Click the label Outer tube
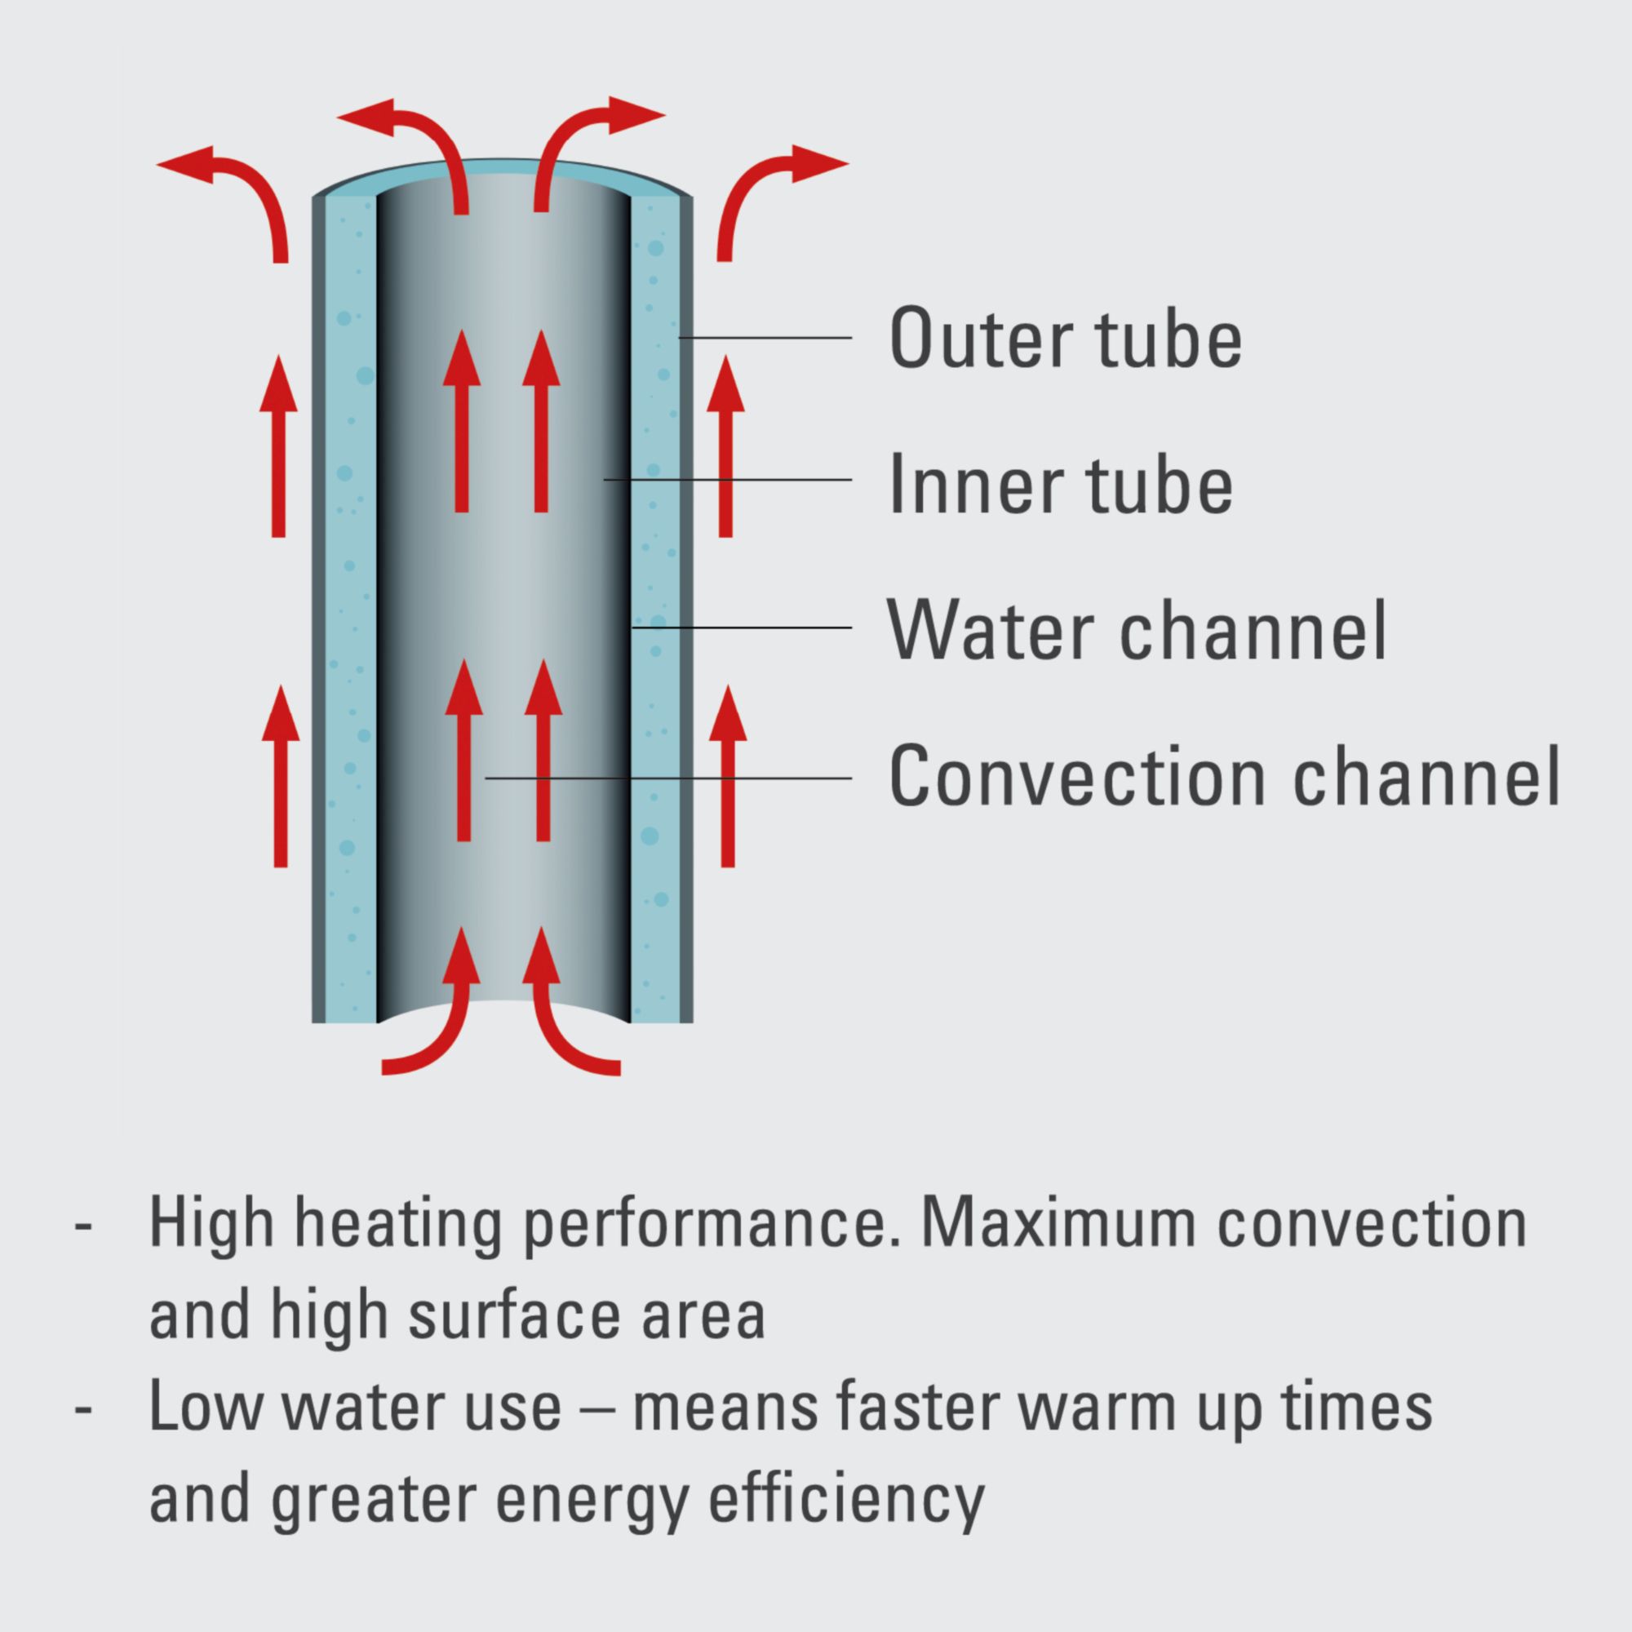tap(1065, 339)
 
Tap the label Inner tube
tap(1061, 484)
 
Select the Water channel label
tap(1136, 630)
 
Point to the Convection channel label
tap(1224, 777)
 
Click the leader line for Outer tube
tap(765, 338)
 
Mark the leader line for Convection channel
tap(667, 778)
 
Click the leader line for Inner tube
tap(726, 480)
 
